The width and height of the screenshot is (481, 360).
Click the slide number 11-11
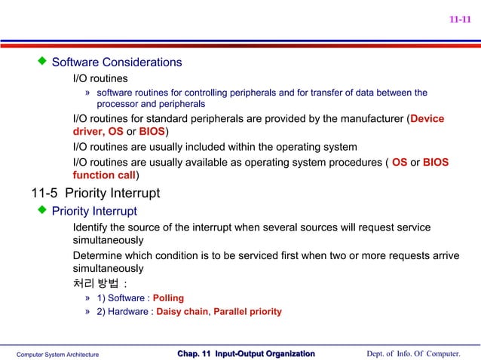pyautogui.click(x=460, y=20)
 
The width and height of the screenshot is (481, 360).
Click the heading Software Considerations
pyautogui.click(x=116, y=62)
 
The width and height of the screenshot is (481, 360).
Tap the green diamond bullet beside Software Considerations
pyautogui.click(x=42, y=60)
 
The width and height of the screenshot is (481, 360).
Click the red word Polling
pyautogui.click(x=168, y=297)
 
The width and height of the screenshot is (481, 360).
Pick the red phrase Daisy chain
pyautogui.click(x=182, y=311)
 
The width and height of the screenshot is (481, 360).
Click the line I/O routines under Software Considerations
pyautogui.click(x=100, y=78)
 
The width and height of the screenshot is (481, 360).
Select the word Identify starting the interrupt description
pyautogui.click(x=92, y=227)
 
